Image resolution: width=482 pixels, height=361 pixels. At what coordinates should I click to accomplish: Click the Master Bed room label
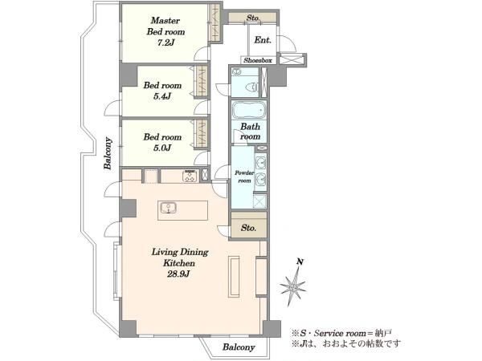click(x=166, y=26)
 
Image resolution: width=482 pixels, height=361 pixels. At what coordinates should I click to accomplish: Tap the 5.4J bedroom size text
click(x=162, y=96)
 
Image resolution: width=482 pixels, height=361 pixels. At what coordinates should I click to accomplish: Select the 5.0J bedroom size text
click(x=162, y=148)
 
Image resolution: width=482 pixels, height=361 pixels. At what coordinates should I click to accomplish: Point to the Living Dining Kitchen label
click(x=180, y=258)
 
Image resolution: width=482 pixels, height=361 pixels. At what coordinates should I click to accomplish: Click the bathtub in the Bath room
click(x=249, y=110)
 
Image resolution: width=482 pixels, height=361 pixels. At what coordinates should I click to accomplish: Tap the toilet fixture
click(x=252, y=87)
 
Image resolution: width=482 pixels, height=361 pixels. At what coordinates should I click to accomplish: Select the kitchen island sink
click(x=168, y=208)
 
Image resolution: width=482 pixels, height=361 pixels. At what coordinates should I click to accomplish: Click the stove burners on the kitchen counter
click(x=190, y=176)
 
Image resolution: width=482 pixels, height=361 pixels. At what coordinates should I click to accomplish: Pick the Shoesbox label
click(x=258, y=60)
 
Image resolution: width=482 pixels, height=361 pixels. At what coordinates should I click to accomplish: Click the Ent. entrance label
click(x=263, y=40)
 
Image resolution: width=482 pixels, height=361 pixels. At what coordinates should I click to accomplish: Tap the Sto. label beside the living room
click(x=248, y=228)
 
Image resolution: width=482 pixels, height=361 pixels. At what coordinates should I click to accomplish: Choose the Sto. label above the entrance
click(x=253, y=18)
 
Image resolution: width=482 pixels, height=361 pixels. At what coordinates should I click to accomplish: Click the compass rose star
click(x=292, y=287)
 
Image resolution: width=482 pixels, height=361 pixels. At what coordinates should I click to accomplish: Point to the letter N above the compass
click(x=300, y=262)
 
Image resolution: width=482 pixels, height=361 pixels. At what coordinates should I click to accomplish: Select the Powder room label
click(x=244, y=176)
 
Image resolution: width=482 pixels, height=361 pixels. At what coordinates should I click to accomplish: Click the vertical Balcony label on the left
click(x=108, y=153)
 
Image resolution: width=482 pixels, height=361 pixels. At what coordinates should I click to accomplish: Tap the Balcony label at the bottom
click(x=239, y=347)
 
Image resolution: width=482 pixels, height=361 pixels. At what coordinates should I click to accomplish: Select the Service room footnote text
click(x=341, y=333)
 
